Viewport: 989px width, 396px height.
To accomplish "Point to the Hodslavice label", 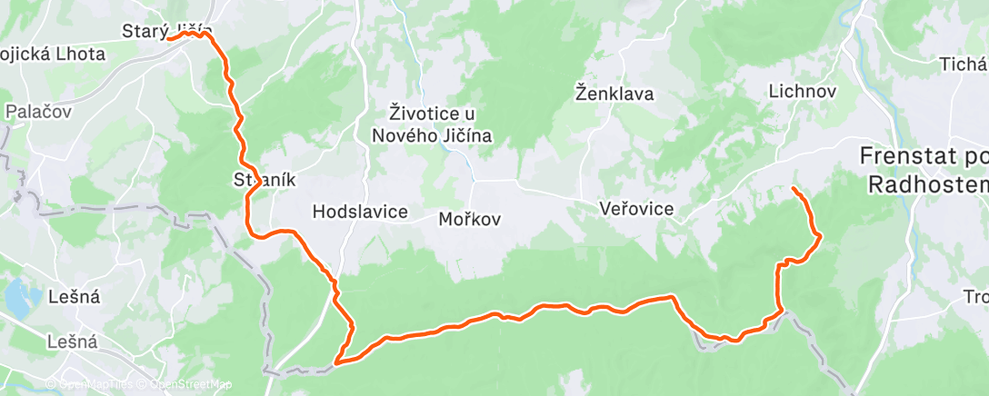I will click(x=359, y=211).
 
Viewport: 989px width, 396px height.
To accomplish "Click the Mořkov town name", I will click(x=470, y=219).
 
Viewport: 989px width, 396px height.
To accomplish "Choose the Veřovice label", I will click(x=636, y=209).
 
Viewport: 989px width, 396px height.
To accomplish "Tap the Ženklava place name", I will click(x=614, y=93).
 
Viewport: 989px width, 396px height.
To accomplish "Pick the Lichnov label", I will click(x=801, y=92).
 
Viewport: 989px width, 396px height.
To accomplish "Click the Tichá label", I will click(x=964, y=64).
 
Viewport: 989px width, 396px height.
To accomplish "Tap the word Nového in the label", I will click(x=405, y=136).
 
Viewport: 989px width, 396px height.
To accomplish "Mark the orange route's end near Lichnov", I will click(x=794, y=188).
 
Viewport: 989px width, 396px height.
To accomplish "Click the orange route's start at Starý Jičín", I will click(x=169, y=39).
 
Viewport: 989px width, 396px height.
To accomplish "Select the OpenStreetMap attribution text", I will click(x=185, y=384).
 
